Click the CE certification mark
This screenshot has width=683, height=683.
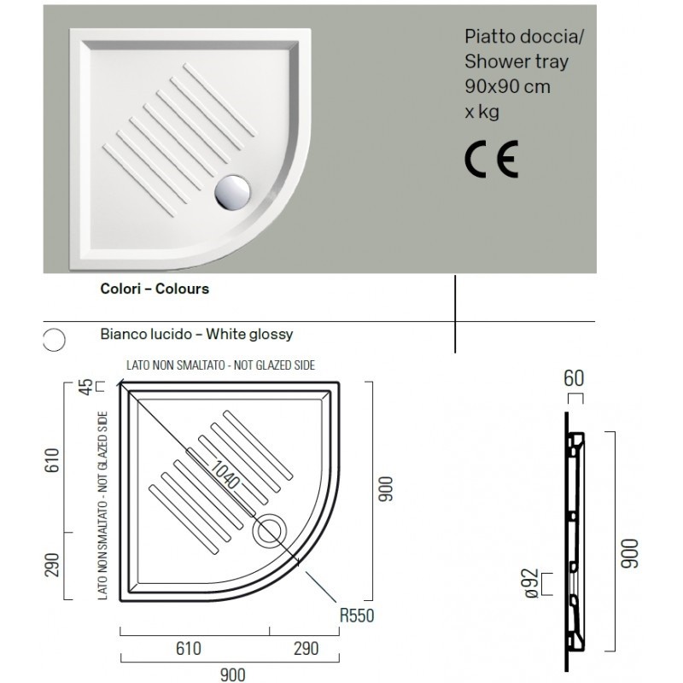click(492, 159)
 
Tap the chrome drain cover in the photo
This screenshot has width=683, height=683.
click(232, 193)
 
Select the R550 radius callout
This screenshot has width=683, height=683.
click(357, 616)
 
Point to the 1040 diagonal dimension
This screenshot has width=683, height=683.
click(225, 474)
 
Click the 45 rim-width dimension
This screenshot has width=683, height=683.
click(87, 387)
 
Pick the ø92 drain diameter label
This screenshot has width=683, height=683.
click(532, 583)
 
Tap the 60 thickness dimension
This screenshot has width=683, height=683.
click(573, 378)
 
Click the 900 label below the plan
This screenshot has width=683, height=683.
click(232, 674)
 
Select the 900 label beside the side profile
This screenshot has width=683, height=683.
click(630, 553)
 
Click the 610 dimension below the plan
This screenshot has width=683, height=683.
click(188, 649)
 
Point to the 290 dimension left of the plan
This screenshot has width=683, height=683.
click(52, 565)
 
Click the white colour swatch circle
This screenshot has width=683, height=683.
click(55, 339)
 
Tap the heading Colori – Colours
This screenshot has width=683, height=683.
click(155, 289)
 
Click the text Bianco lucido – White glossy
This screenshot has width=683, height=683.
click(196, 335)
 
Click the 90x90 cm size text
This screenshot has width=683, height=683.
click(507, 87)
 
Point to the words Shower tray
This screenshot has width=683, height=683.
click(517, 61)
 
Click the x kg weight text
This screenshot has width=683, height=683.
click(482, 112)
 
